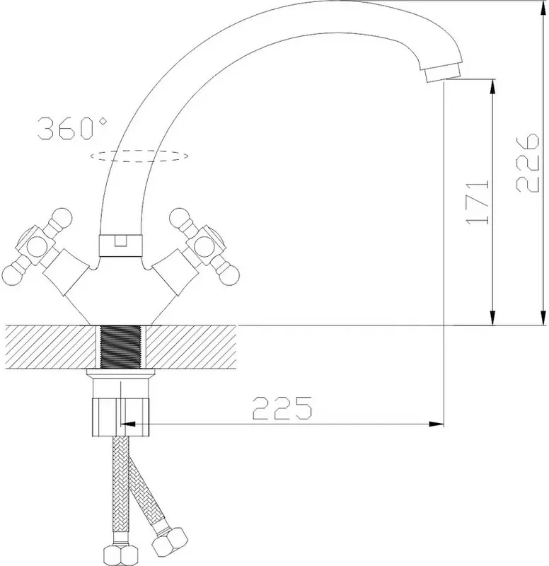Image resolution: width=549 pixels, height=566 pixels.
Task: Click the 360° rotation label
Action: tap(72, 129)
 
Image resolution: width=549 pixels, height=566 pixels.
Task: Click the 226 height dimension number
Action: tap(528, 163)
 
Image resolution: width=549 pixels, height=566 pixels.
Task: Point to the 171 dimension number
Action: tap(478, 202)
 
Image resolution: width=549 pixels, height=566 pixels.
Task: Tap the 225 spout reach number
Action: tap(282, 408)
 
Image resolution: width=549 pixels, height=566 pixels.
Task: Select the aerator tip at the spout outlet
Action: tap(443, 74)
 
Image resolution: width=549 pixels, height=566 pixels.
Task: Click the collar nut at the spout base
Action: tap(120, 246)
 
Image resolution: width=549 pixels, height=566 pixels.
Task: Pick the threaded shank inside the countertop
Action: tap(120, 347)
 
